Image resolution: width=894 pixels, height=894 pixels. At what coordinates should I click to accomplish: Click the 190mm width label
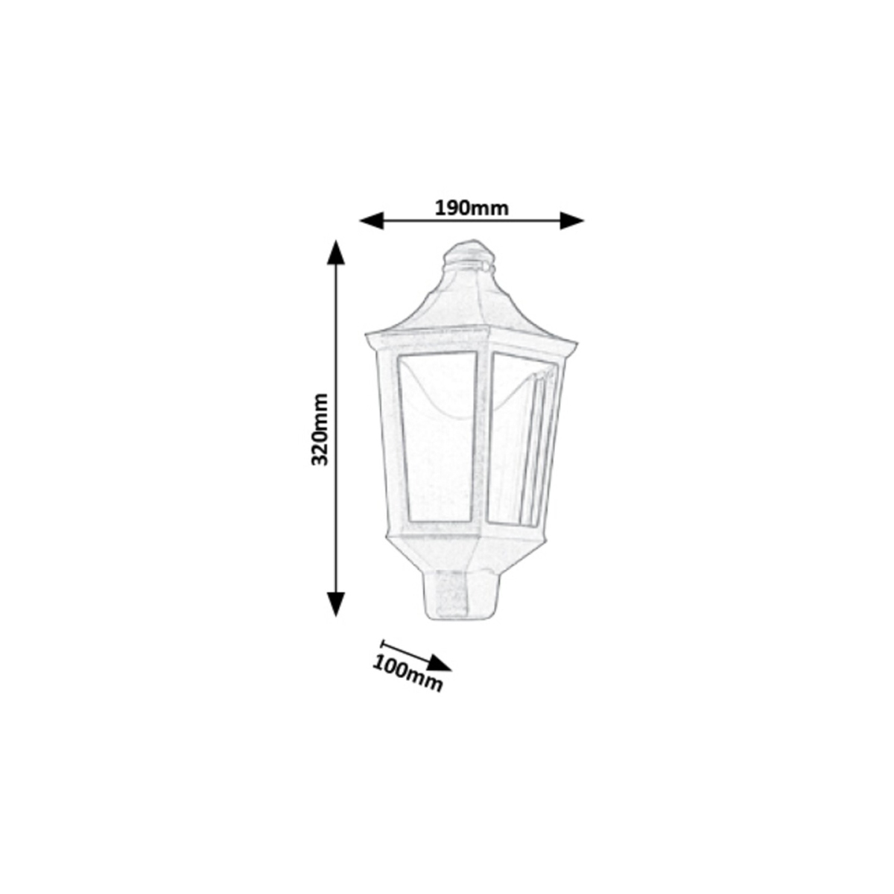tap(472, 209)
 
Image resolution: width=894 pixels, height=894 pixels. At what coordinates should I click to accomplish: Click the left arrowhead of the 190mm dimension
tap(372, 221)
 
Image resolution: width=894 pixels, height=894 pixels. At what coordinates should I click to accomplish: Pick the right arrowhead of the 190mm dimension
tap(571, 221)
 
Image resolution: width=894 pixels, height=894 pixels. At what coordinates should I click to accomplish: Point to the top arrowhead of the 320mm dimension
tap(336, 253)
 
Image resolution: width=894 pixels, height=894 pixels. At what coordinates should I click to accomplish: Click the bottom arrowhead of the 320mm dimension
tap(336, 604)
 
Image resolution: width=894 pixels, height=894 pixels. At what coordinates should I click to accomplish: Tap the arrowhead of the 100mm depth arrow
tap(439, 664)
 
